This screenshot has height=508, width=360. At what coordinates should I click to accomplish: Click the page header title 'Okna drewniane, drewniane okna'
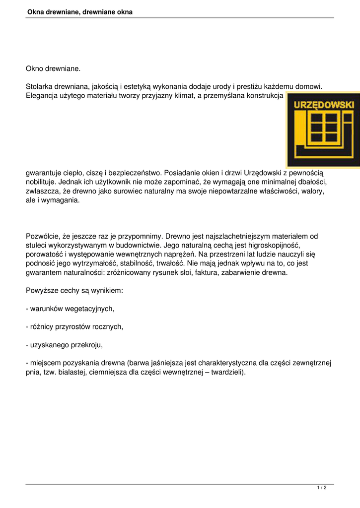click(x=80, y=11)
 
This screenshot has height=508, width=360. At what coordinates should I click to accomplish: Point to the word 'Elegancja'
click(x=42, y=95)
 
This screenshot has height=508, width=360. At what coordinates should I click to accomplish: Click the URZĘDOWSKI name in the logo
click(x=324, y=105)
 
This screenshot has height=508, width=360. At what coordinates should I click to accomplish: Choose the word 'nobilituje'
click(x=43, y=182)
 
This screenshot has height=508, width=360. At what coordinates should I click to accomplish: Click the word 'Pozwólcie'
click(x=43, y=237)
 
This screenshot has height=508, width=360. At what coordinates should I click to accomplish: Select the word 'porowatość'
click(x=44, y=254)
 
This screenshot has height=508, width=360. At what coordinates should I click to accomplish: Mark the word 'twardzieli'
click(x=226, y=372)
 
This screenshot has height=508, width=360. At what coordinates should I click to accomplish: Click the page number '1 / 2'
click(x=322, y=488)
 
